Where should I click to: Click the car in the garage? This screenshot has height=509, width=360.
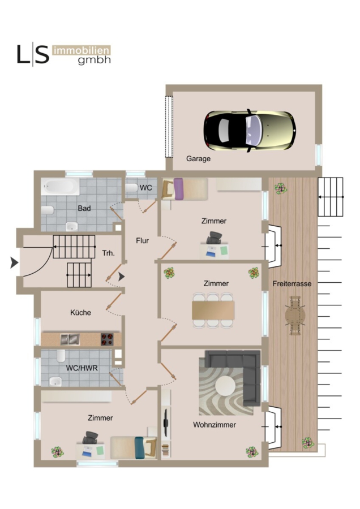250,131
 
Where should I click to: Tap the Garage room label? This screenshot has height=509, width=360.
198,159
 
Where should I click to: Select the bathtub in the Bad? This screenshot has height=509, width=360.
60,186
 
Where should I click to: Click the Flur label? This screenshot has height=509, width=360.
142,240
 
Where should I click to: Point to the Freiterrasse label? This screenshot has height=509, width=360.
292,284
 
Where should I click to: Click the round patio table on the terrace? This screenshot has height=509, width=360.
295,315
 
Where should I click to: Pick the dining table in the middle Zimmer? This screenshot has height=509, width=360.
213,310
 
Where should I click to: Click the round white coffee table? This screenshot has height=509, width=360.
225,386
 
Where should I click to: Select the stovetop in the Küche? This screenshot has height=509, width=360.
107,339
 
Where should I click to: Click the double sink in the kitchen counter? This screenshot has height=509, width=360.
70,339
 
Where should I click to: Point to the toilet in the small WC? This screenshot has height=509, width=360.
131,188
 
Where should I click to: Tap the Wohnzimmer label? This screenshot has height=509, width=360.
215,425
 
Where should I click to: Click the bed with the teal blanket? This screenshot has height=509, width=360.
134,448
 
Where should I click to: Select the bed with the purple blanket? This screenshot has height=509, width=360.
185,189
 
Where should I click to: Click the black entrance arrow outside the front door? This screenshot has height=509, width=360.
14,262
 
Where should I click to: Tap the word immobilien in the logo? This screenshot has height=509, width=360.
82,51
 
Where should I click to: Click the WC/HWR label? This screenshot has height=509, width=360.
82,368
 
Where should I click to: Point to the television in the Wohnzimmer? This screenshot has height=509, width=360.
166,422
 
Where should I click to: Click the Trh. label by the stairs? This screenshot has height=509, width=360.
109,253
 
